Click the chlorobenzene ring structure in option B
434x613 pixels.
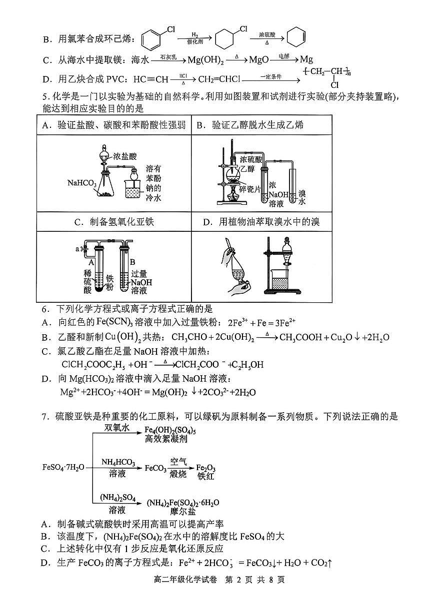coord(151,38)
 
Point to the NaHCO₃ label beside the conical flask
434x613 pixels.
coord(82,183)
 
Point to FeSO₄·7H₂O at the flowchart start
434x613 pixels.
coord(63,468)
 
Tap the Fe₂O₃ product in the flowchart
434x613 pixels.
coord(206,468)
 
